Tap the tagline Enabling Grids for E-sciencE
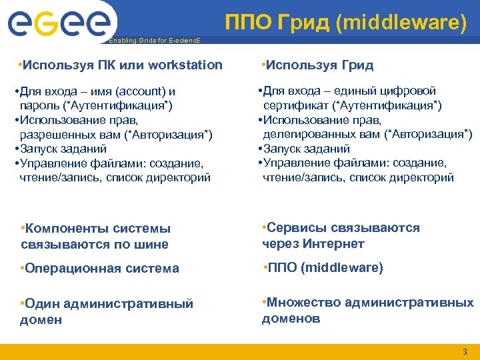pyautogui.click(x=154, y=41)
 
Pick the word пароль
pyautogui.click(x=38, y=106)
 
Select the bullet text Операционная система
pyautogui.click(x=100, y=269)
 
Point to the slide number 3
pyautogui.click(x=464, y=351)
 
